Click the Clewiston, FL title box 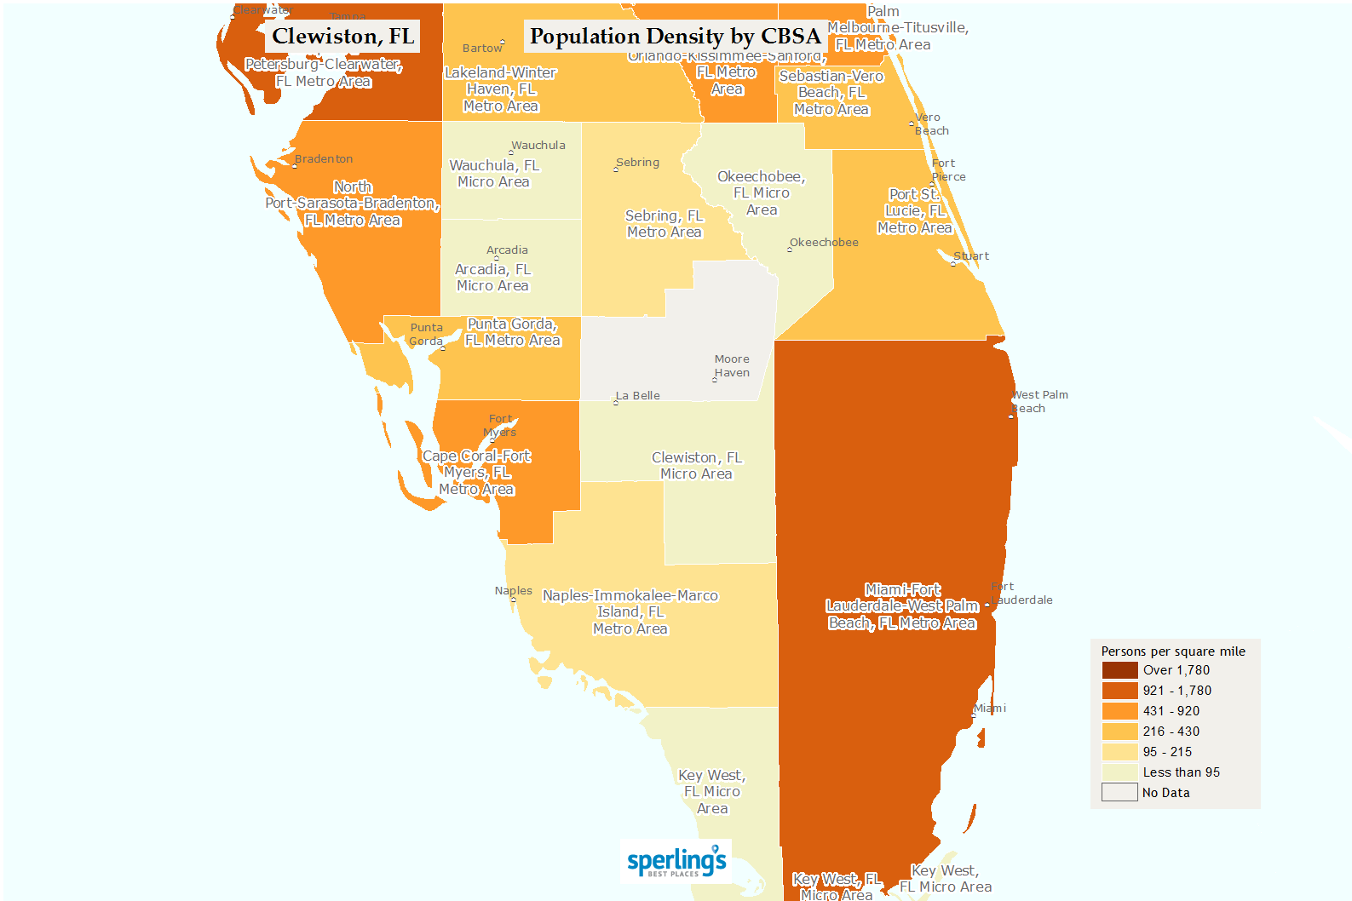(342, 37)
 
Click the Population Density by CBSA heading (675, 37)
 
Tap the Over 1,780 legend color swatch (1119, 670)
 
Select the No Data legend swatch (1119, 793)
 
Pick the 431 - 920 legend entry (1171, 711)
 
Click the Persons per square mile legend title (1172, 651)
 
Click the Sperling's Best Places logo (676, 862)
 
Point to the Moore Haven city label (732, 366)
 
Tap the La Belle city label (638, 396)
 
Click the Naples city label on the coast (513, 591)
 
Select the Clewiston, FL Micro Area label (697, 466)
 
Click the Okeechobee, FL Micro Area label (761, 193)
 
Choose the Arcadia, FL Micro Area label (492, 278)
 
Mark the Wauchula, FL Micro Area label (494, 174)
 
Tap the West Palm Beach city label (1039, 402)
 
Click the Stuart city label (971, 256)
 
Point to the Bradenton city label (324, 159)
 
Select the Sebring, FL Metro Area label (664, 224)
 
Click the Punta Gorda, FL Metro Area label (513, 332)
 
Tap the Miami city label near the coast (990, 709)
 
